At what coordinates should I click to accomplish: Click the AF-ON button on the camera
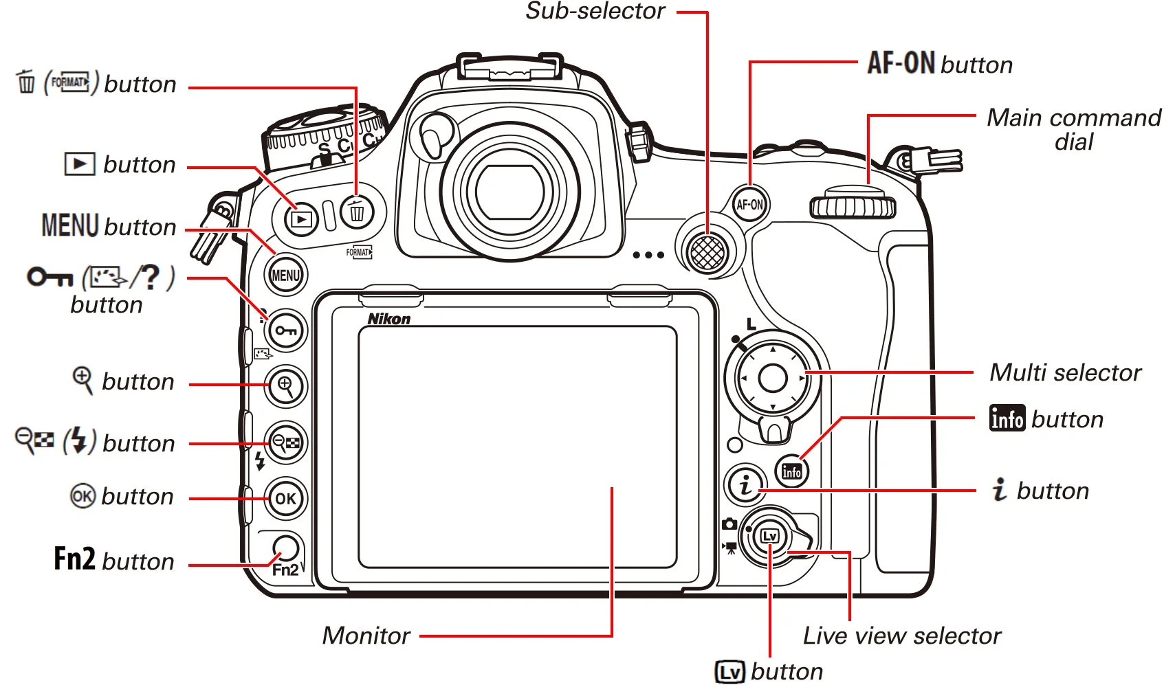749,204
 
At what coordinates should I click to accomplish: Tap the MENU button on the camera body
285,276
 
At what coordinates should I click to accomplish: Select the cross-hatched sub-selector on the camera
707,252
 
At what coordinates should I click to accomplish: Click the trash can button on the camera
357,212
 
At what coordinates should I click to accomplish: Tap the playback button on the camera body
301,219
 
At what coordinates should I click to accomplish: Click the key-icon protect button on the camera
285,331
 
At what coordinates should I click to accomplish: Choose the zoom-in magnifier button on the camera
285,386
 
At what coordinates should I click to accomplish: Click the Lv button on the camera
769,536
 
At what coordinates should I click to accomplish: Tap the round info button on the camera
791,472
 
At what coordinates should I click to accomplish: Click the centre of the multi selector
772,377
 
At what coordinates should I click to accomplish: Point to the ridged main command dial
853,206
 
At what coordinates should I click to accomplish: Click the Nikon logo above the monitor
388,319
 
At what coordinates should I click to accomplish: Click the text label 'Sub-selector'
595,11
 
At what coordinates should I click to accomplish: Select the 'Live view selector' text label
901,636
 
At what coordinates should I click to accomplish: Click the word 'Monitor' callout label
366,636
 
